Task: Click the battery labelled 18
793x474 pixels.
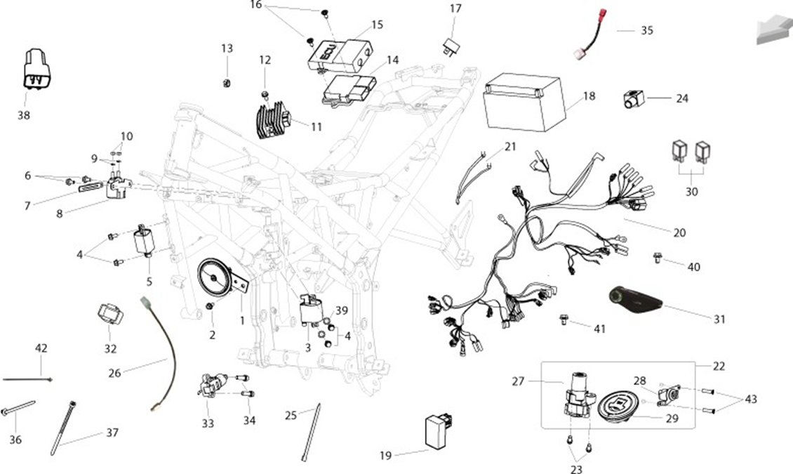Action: point(522,103)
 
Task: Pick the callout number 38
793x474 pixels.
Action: point(24,115)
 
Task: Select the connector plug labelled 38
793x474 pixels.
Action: point(36,70)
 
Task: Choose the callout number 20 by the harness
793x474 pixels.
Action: point(679,232)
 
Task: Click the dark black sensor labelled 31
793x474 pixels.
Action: point(634,300)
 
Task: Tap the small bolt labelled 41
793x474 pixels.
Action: point(564,320)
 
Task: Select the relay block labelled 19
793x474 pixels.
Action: point(439,430)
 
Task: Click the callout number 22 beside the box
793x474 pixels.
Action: point(719,367)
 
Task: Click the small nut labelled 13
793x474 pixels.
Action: point(227,82)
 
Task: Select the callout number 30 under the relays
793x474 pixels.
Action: point(691,192)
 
